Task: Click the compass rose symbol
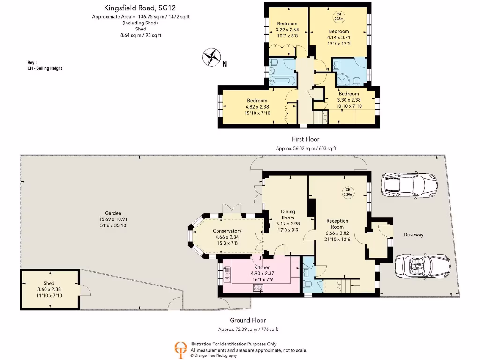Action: point(211,57)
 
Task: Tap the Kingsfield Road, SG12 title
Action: point(140,7)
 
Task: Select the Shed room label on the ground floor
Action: point(49,283)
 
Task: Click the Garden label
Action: point(113,213)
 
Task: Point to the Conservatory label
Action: point(227,231)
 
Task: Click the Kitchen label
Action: point(262,267)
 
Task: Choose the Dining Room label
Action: point(288,215)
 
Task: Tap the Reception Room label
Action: point(337,224)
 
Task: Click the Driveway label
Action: point(413,235)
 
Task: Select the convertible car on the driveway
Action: point(422,266)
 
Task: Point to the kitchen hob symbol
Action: point(258,287)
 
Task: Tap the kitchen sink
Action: point(227,274)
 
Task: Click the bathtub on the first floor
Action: point(282,82)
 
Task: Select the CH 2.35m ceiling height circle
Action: point(338,16)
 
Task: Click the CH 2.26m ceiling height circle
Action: point(348,192)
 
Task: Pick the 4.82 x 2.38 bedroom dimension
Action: point(257,107)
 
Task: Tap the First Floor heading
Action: point(306,139)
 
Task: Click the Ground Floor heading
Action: point(247,320)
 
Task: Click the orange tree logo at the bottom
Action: point(180,350)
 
